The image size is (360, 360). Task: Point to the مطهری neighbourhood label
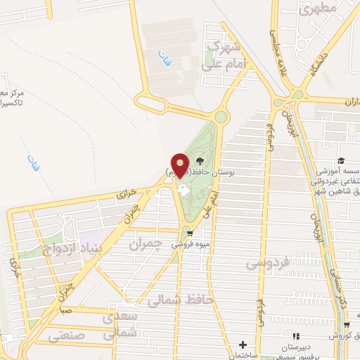coord(323,9)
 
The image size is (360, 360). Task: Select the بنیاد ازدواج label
coord(98,247)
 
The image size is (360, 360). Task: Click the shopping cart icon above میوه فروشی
coord(188,234)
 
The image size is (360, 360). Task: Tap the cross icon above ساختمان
coord(243,345)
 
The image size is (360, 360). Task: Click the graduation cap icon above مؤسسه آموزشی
coord(341,162)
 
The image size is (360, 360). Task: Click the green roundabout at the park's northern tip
coord(221,117)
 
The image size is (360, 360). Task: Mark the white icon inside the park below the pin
coord(184,189)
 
